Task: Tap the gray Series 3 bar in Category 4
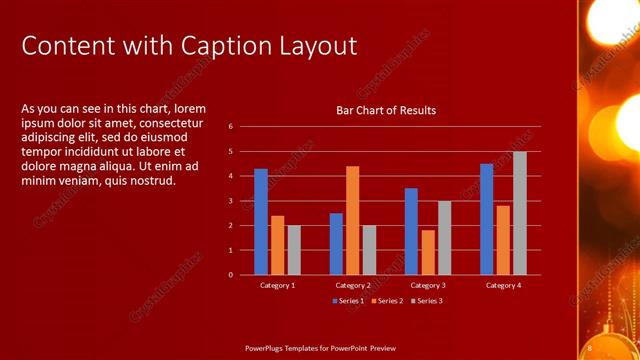[x=520, y=213]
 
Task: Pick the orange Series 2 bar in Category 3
[x=428, y=252]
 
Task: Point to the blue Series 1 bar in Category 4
[x=486, y=219]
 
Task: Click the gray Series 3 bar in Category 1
[x=294, y=250]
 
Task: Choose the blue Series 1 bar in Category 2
[x=336, y=243]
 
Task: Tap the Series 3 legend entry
[x=427, y=300]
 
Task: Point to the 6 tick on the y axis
[x=230, y=127]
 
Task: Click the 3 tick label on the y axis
[x=230, y=201]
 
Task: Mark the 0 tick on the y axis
[x=230, y=275]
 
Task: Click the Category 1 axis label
[x=277, y=285]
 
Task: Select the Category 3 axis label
[x=428, y=285]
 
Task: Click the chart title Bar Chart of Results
[x=385, y=110]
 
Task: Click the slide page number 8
[x=590, y=347]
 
